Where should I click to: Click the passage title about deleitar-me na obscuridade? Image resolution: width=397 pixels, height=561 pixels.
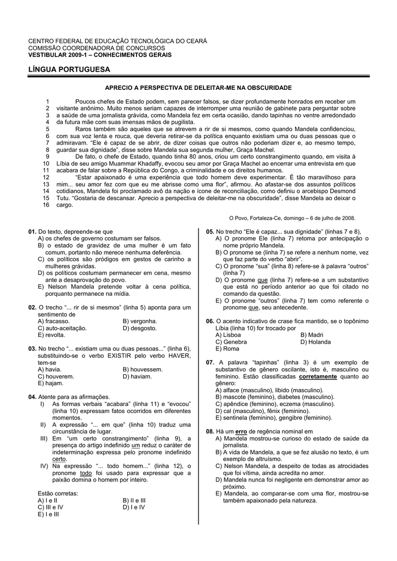tap(198, 88)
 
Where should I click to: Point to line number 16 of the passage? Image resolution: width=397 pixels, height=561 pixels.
tap(46, 204)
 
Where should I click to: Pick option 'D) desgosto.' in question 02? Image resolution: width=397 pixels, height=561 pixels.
tap(140, 328)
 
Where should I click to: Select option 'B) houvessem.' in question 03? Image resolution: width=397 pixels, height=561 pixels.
tap(143, 370)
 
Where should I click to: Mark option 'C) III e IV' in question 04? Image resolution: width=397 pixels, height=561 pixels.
tap(53, 507)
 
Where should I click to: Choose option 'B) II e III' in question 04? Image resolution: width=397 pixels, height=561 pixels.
tap(134, 500)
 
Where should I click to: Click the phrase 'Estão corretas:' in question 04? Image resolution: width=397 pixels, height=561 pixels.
tap(58, 493)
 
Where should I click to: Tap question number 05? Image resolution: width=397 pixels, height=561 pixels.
tap(210, 232)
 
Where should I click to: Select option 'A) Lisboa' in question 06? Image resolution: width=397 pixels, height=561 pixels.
tap(228, 335)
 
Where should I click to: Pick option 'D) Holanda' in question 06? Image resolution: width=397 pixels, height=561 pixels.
tap(316, 342)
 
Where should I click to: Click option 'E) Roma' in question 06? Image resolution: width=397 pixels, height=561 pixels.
tap(227, 348)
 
